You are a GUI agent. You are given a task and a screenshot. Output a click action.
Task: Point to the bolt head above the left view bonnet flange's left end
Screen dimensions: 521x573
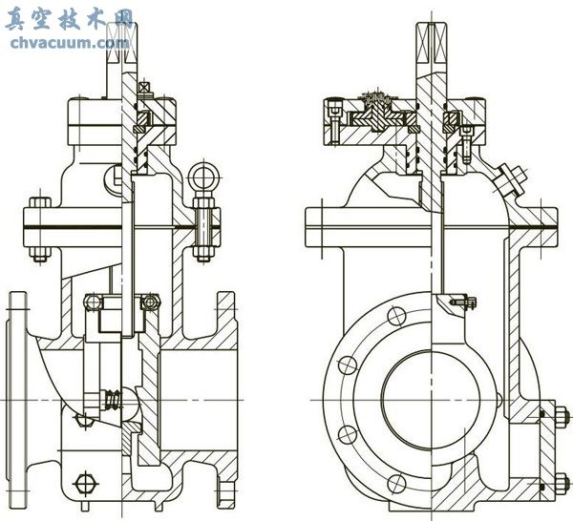coord(38,204)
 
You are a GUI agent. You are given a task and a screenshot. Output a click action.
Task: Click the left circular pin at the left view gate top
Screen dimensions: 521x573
coord(93,302)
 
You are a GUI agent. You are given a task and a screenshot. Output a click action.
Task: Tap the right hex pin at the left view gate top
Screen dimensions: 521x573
coord(149,302)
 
